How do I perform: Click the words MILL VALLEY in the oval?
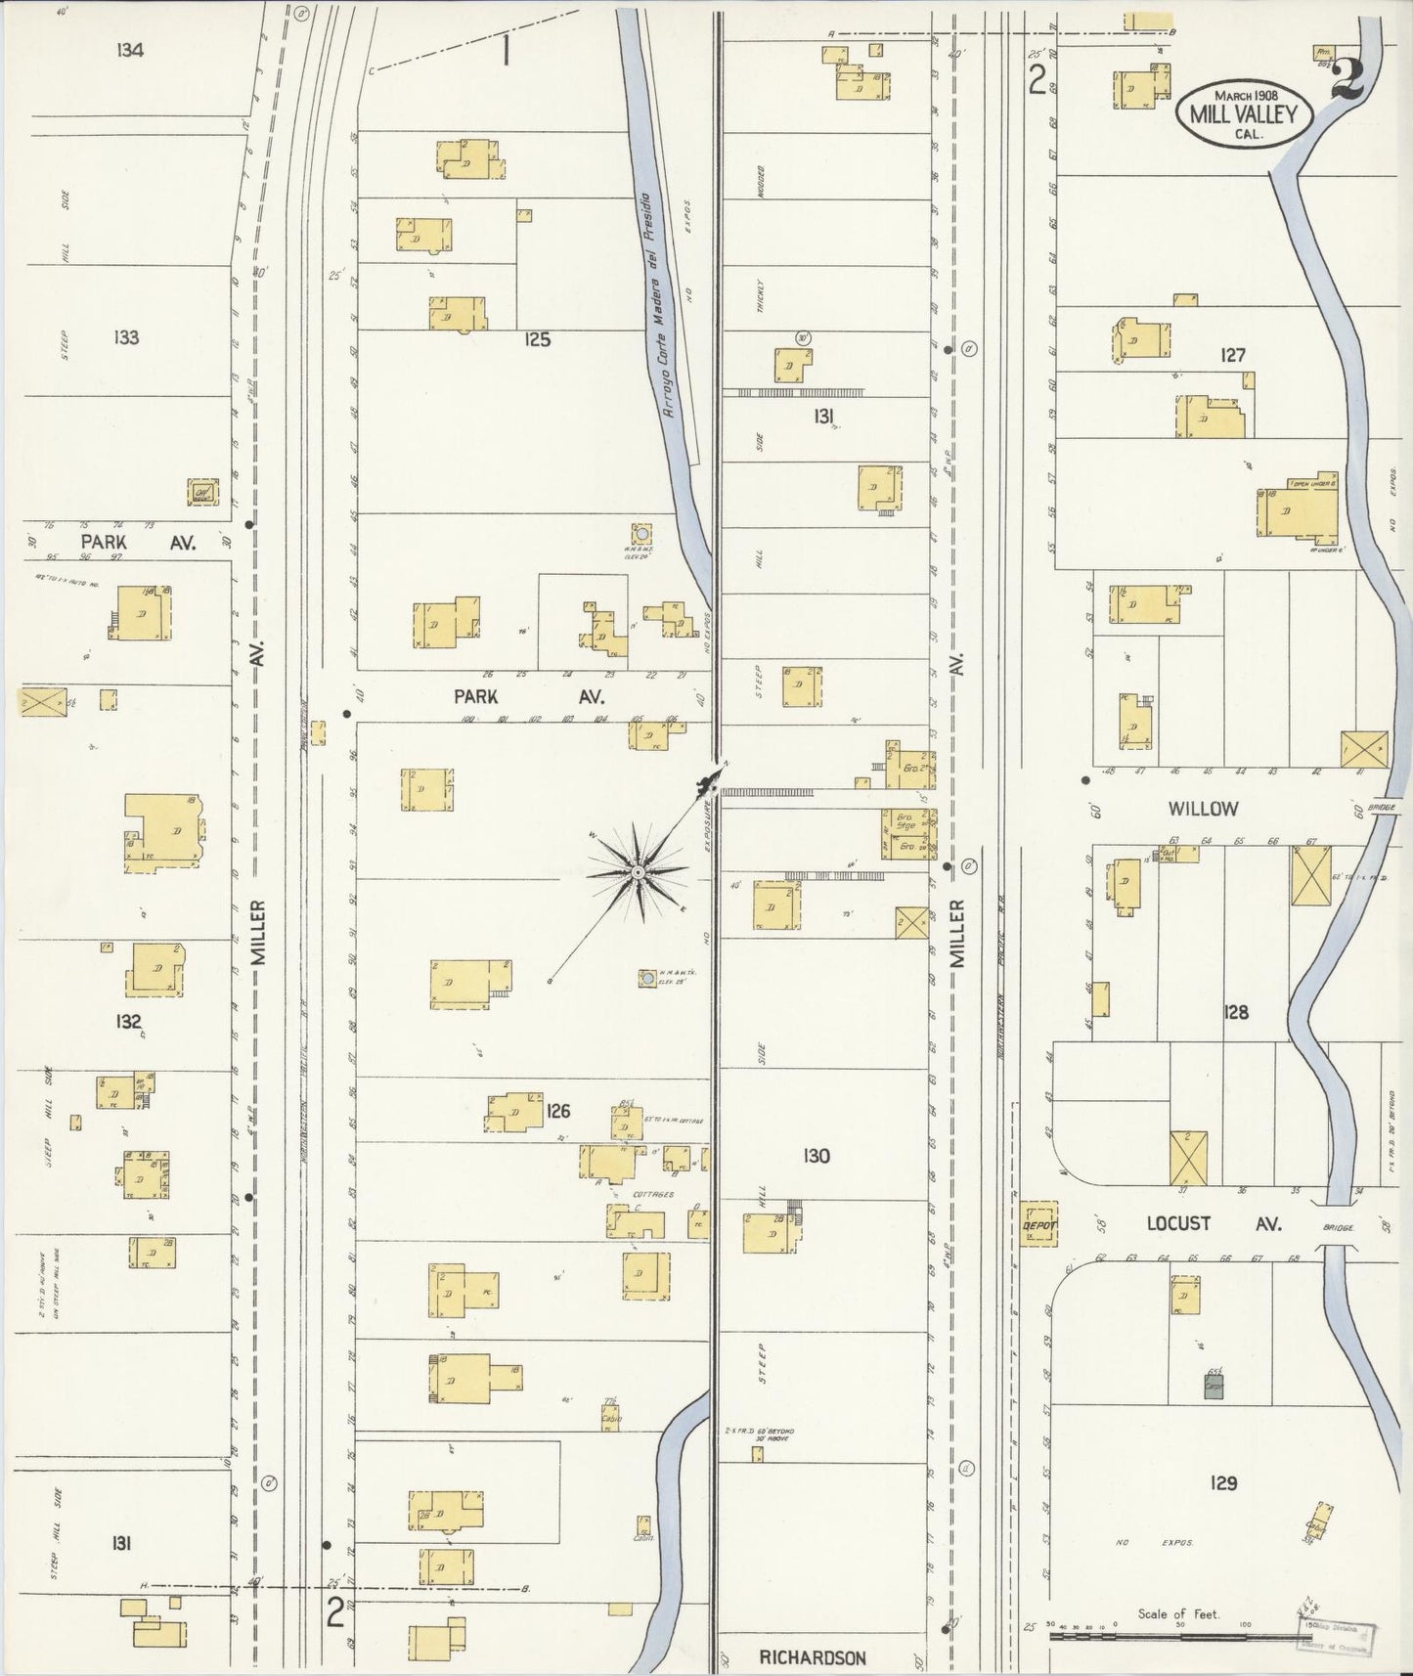pyautogui.click(x=1243, y=113)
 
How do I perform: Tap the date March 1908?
pyautogui.click(x=1244, y=95)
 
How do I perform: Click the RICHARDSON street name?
pyautogui.click(x=813, y=1657)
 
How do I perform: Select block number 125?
pyautogui.click(x=537, y=340)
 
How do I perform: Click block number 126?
pyautogui.click(x=558, y=1111)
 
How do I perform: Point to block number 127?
pyautogui.click(x=1232, y=355)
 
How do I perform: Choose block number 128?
pyautogui.click(x=1236, y=1012)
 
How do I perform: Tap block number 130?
pyautogui.click(x=816, y=1156)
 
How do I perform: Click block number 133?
pyautogui.click(x=126, y=337)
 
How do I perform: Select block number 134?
pyautogui.click(x=130, y=50)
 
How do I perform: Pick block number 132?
pyautogui.click(x=127, y=1022)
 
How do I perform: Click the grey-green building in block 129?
pyautogui.click(x=1214, y=1386)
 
